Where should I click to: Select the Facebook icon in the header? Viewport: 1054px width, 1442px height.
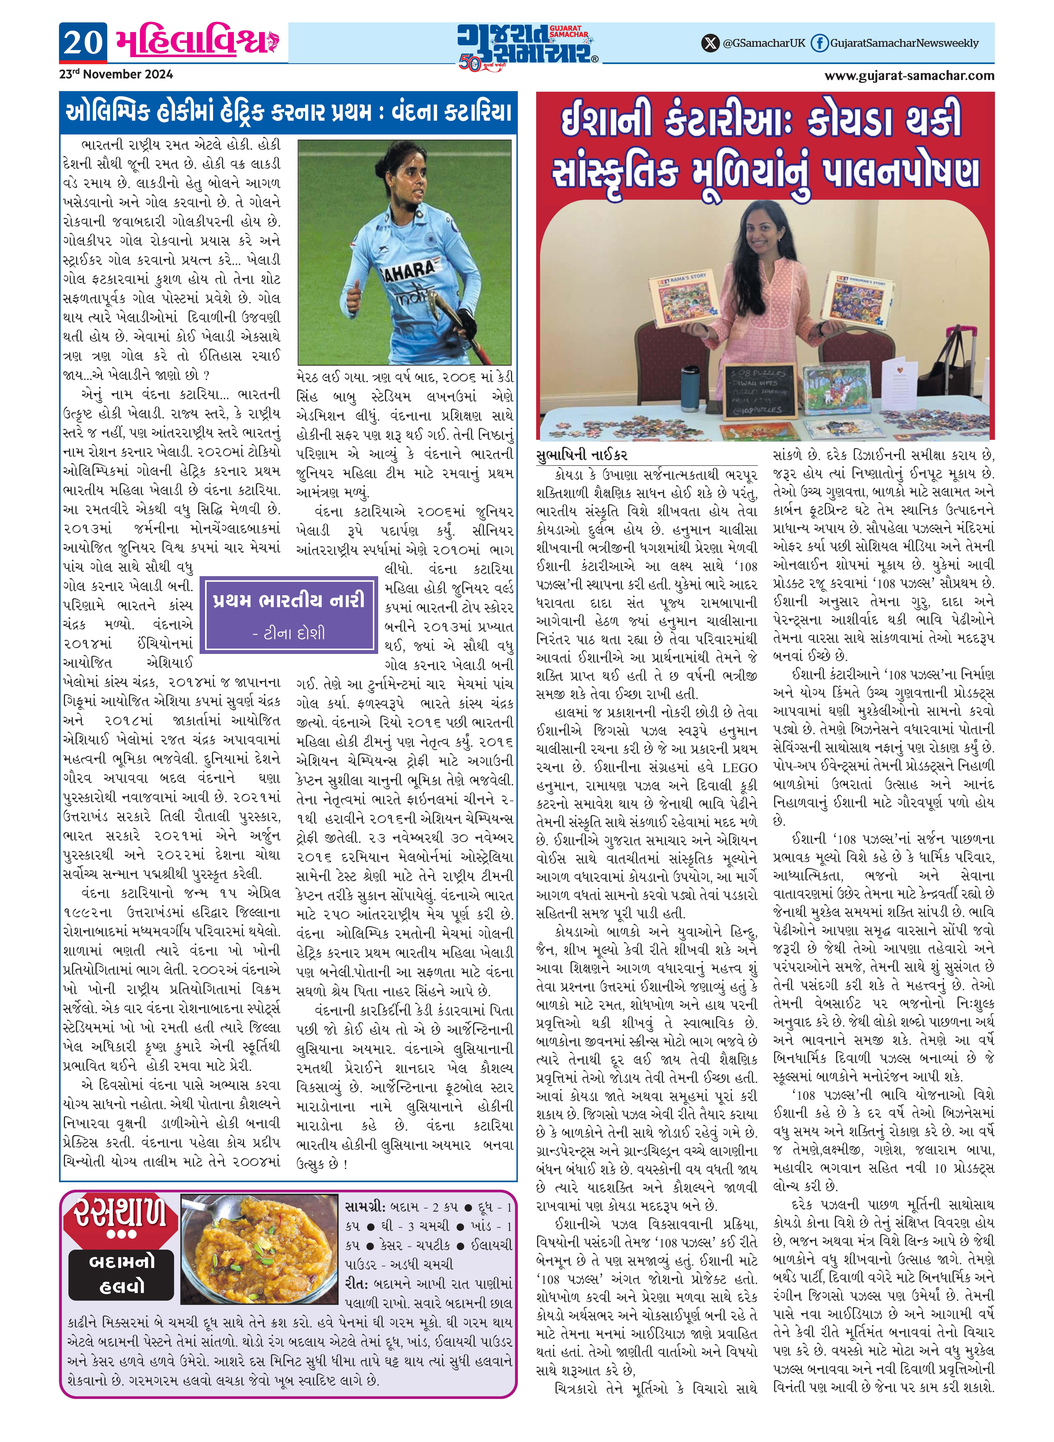819,43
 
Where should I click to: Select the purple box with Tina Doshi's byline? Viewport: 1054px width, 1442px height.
290,614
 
